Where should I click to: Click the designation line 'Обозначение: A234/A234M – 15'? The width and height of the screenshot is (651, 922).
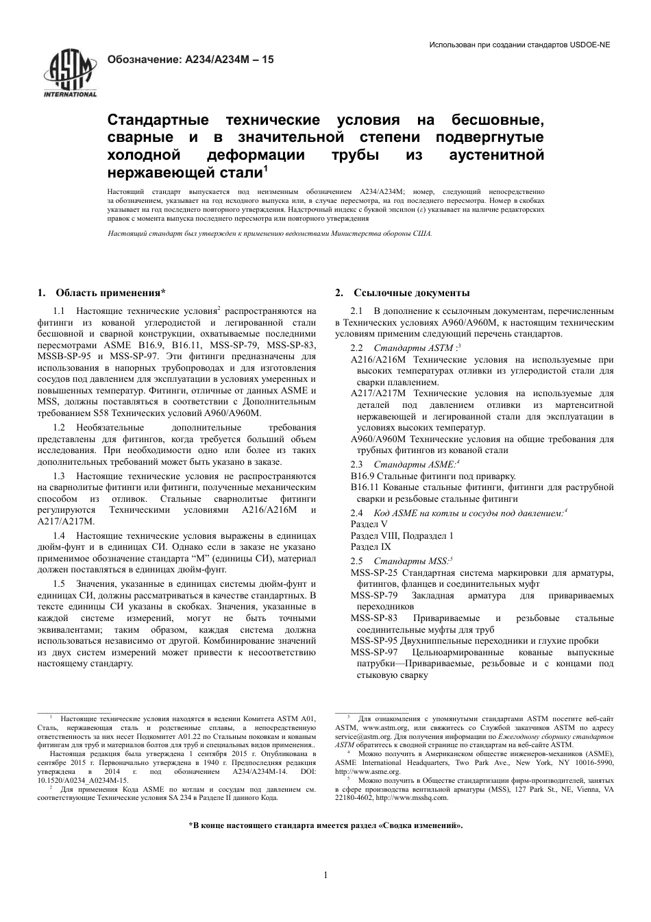tap(191, 60)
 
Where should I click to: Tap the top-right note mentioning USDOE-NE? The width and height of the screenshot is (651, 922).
tap(519, 45)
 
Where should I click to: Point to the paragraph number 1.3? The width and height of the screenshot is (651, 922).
tap(59, 476)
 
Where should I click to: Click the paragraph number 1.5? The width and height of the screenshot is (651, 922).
tap(59, 583)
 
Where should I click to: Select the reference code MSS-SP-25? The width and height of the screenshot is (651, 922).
tap(374, 572)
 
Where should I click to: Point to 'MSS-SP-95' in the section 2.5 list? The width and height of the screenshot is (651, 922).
tap(374, 640)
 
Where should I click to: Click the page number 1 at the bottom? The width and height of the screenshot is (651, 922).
tap(325, 875)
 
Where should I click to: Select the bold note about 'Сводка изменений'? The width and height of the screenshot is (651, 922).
tap(325, 825)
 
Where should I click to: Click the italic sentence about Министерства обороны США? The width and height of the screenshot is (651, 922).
tap(270, 234)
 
